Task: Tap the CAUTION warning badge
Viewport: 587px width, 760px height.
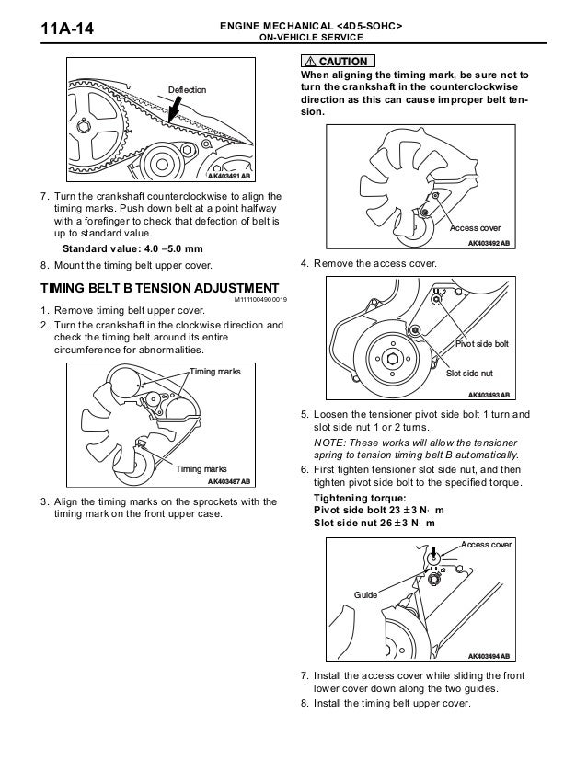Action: coord(336,61)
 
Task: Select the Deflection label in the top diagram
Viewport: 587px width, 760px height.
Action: coord(187,89)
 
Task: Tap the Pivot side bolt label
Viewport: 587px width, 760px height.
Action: coord(482,343)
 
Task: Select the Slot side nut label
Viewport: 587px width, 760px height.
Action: coord(469,374)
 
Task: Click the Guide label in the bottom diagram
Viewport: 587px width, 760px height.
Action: coord(367,595)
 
